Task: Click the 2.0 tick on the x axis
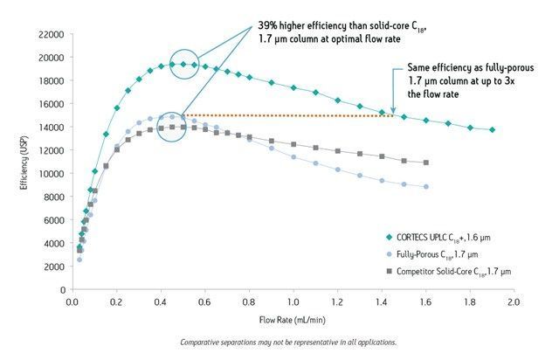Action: (513, 303)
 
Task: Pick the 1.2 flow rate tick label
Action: (337, 303)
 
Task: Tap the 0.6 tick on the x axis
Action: (205, 303)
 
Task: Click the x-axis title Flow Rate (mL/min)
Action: (292, 320)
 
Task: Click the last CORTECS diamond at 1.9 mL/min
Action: (492, 129)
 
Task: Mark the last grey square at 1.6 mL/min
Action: (425, 163)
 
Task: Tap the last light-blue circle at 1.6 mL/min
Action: (425, 186)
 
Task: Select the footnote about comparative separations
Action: (287, 342)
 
